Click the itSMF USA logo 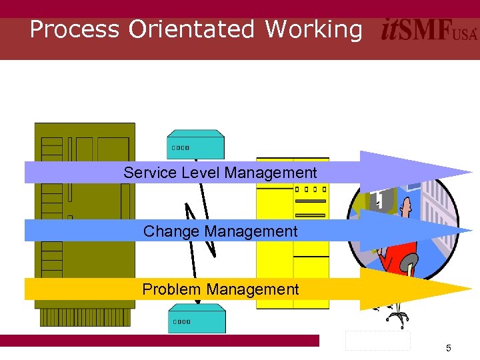[x=429, y=31]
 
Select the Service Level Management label [x=220, y=173]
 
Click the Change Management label [x=220, y=231]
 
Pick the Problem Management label [x=220, y=289]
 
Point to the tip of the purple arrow [x=471, y=172]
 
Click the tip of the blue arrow [x=471, y=231]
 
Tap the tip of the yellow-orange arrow [x=471, y=289]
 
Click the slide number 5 [x=449, y=348]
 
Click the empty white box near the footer [x=377, y=340]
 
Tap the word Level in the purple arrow [x=200, y=173]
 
